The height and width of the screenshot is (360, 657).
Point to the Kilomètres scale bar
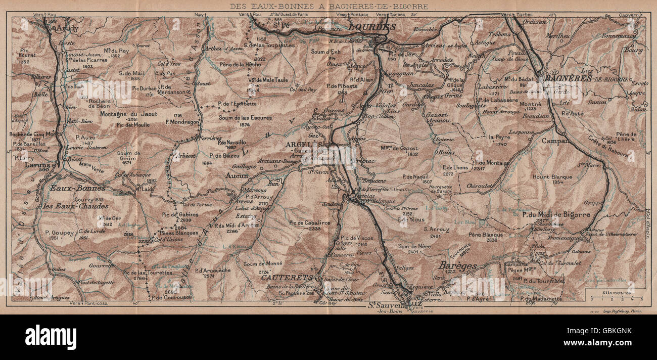(x=614, y=296)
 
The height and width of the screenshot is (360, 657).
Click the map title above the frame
(x=329, y=7)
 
